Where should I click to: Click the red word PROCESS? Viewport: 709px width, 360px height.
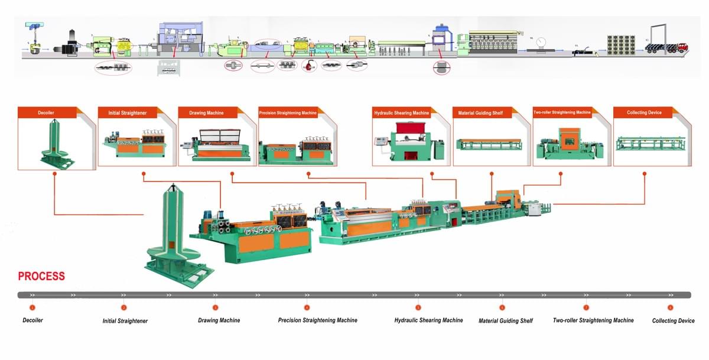click(x=41, y=276)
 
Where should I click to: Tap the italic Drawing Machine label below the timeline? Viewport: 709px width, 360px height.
click(x=219, y=320)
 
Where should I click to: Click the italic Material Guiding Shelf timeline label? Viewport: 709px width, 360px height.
click(x=505, y=321)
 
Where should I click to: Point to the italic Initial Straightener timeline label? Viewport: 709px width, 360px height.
click(x=125, y=321)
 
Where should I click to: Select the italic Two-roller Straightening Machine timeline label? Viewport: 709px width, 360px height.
click(x=593, y=320)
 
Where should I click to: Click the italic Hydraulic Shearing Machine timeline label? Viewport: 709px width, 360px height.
click(x=428, y=320)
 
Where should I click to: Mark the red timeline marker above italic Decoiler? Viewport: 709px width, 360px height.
click(x=32, y=307)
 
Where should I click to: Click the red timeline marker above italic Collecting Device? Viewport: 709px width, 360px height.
click(x=670, y=307)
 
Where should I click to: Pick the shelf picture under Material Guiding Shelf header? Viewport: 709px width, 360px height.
click(x=489, y=144)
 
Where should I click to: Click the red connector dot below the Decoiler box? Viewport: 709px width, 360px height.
click(x=54, y=174)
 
